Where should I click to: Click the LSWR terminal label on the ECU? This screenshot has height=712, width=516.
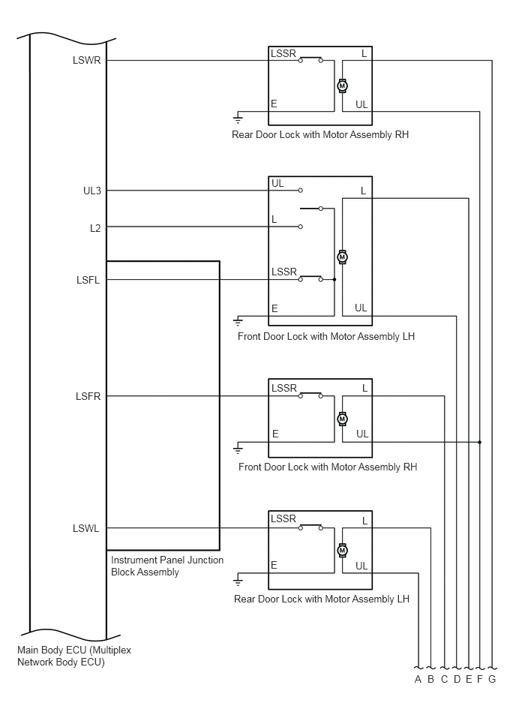coord(87,60)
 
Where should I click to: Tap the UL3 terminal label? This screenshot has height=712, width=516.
coord(92,191)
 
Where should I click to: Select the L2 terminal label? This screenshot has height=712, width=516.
coord(95,228)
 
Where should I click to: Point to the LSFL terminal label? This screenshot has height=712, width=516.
coord(88,280)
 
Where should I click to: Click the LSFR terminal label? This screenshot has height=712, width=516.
coord(88,396)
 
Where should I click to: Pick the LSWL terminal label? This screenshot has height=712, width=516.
coord(85,528)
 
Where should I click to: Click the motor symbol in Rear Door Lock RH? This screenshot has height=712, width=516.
coord(343,86)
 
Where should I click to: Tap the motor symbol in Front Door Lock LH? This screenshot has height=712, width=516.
coord(343,257)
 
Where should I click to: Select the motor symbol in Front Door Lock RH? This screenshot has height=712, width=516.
coord(343,419)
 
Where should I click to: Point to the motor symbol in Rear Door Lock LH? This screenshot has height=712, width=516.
coord(343,551)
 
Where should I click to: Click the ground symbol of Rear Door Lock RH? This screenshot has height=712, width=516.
coord(238,119)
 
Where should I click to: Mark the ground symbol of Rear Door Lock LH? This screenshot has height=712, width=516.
coord(238,581)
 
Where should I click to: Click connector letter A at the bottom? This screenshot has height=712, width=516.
coord(418,679)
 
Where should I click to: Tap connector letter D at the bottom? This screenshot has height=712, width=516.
coord(457,679)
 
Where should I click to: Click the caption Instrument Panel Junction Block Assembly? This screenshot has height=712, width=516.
coord(167,566)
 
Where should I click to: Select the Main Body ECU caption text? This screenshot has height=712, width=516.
coord(74,656)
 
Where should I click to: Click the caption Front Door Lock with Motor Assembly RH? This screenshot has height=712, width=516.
coord(328,467)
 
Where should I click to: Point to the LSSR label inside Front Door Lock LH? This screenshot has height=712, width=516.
coord(284,272)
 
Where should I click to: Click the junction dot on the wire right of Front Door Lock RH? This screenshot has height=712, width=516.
coord(480,442)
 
